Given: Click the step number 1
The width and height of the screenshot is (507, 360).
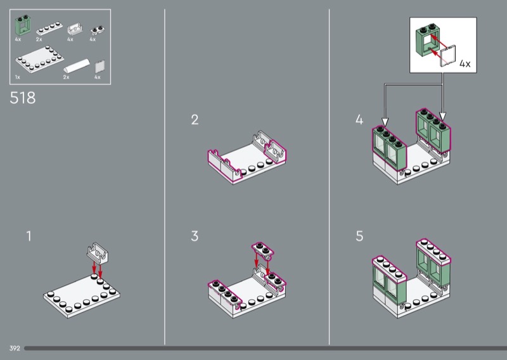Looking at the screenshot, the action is pos(29,236).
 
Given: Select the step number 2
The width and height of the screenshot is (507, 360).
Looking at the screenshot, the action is pos(195,120).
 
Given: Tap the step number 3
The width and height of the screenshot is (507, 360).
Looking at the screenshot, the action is pos(195,236).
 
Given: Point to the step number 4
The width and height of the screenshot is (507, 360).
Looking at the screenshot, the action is pos(359,120).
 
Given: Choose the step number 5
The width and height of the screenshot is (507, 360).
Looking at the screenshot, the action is pos(359,236).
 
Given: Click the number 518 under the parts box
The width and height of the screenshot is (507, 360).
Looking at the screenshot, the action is pos(23,98).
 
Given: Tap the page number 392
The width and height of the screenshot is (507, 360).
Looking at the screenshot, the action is pos(15,349).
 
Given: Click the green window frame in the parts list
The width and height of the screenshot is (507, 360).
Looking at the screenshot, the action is pos(23,25).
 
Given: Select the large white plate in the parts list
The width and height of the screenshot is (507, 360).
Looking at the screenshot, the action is pos(39,60).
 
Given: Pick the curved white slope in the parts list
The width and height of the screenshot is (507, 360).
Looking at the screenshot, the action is pos(77,66).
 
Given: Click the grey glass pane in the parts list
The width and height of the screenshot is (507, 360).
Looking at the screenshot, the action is pos(100,67).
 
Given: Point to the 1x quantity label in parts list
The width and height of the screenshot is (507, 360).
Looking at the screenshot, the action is pos(18,77).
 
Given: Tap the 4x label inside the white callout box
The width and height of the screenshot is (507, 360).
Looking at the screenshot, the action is pos(465,64).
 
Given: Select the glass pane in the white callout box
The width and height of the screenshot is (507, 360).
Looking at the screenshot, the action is pos(448,56).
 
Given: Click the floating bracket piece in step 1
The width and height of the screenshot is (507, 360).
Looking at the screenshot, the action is pos(98,252).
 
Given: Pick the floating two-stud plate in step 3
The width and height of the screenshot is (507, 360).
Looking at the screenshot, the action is pos(263,250).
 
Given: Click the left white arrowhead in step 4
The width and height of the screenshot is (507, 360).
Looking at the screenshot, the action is pos(385,122).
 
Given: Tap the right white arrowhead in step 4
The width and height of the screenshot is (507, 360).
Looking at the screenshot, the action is pos(442,117).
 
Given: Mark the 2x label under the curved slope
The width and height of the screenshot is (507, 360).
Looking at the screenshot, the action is pos(67,77).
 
